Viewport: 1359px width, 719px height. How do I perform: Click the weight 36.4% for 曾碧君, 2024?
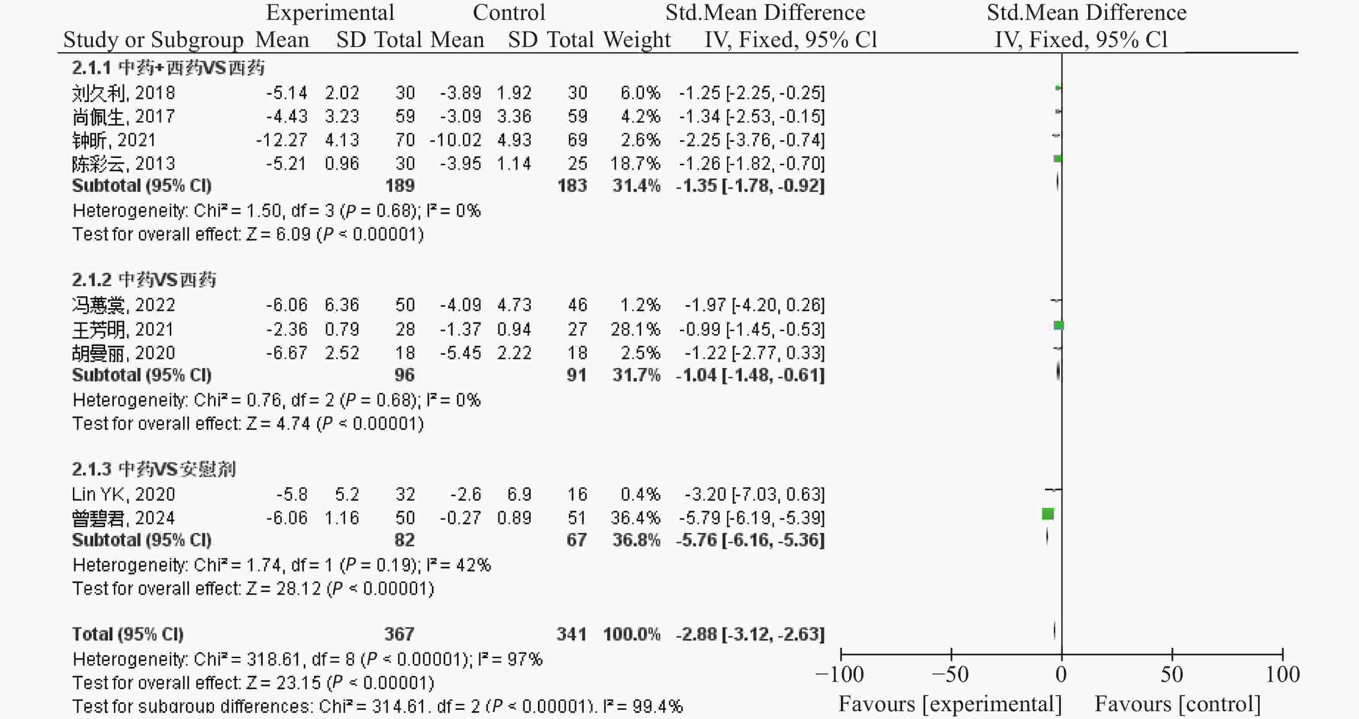(635, 518)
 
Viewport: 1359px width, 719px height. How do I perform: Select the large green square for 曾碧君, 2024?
(1048, 514)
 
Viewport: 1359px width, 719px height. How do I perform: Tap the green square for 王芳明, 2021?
(1058, 325)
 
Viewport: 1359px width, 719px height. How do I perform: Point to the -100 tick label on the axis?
(840, 675)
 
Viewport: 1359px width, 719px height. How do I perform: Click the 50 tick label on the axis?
(1172, 675)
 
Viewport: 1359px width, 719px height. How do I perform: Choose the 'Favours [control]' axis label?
(1177, 704)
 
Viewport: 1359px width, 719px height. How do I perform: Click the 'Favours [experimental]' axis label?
(950, 704)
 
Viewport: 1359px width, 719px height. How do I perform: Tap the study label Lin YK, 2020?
(123, 495)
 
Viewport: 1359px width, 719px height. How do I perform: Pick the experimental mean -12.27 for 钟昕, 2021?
(281, 140)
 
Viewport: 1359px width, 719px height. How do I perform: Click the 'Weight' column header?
(637, 40)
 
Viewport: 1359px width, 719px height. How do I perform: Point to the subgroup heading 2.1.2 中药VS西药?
(144, 280)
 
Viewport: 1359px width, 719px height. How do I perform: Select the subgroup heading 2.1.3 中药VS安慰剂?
(154, 469)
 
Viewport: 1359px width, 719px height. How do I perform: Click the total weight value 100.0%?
(632, 634)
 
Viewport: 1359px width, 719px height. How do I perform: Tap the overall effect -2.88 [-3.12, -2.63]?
(750, 634)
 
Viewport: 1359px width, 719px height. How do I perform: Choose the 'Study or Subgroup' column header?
(153, 40)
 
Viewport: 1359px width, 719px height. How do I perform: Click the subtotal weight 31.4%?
(636, 186)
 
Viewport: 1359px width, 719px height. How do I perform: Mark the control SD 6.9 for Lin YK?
(519, 495)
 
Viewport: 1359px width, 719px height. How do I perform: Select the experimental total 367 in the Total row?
(400, 634)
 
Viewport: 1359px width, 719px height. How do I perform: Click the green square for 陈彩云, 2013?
(1057, 159)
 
